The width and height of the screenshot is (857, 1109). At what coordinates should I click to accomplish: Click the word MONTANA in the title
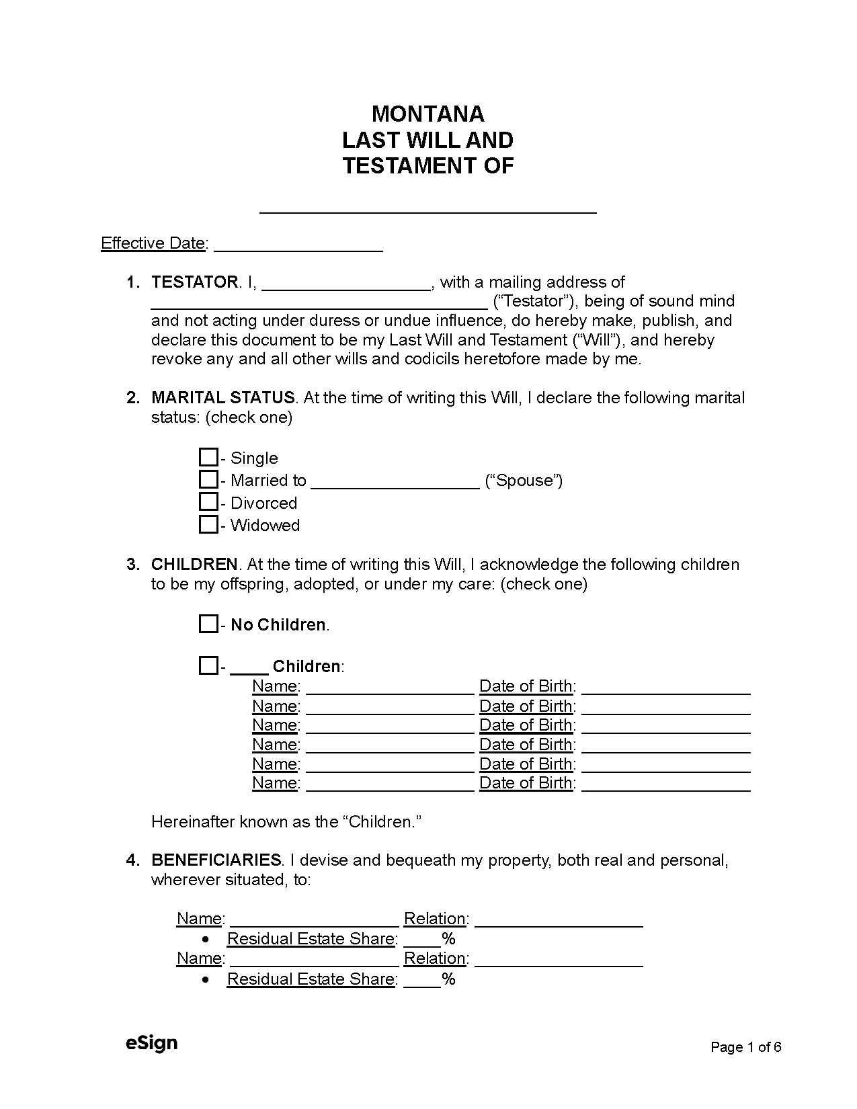427,114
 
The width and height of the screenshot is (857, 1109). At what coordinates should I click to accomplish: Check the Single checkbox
208,458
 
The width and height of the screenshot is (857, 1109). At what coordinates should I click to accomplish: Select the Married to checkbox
208,480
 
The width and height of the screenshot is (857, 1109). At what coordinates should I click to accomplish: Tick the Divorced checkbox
208,502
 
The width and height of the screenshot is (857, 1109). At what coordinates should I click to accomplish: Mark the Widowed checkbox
208,524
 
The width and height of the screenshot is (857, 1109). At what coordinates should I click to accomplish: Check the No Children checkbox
208,624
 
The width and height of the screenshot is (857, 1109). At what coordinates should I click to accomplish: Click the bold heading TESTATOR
194,282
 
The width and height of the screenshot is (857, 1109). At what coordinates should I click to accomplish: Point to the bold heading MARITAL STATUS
222,398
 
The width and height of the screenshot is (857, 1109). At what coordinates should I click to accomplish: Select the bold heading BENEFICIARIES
216,860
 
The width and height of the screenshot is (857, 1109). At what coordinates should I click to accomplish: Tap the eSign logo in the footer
151,1043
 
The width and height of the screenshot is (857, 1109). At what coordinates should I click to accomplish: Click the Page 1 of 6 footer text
746,1047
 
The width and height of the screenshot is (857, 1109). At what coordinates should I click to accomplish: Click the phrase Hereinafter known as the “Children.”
286,822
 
